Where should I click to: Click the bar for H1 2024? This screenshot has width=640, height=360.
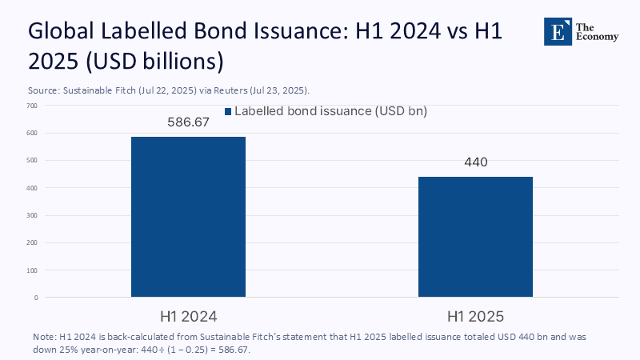coord(188,217)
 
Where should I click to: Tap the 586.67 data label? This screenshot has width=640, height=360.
coord(188,122)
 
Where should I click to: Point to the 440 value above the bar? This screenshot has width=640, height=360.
coord(475,162)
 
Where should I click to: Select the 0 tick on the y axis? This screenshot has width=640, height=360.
coord(36,298)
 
